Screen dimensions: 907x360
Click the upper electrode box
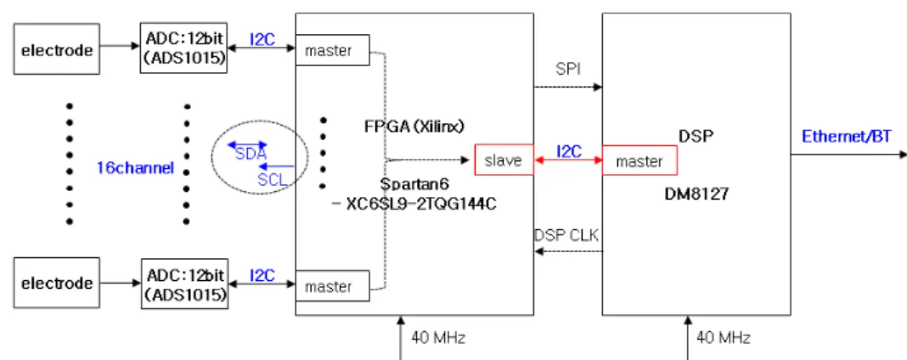pos(57,48)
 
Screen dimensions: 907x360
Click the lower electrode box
pos(57,283)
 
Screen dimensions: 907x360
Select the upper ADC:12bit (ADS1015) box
pos(183,48)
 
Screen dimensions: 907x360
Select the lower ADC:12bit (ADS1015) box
pos(184,283)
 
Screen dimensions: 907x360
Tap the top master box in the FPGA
pos(333,51)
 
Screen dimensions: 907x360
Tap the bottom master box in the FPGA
pos(333,286)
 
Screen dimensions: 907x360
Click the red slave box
pos(504,160)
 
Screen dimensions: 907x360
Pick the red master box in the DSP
pos(639,160)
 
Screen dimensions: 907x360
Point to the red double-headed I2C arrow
pos(568,160)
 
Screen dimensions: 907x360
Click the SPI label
pos(567,69)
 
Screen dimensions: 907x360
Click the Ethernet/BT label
pos(846,137)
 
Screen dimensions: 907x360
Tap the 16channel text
pos(136,169)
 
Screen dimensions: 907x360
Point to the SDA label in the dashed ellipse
pos(251,155)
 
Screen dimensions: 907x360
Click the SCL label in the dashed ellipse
pos(273,180)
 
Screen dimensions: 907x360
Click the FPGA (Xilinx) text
pos(414,126)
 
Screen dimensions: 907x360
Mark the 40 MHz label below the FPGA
pos(438,337)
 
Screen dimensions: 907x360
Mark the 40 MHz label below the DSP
pos(723,337)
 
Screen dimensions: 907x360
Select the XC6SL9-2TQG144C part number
pos(420,204)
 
